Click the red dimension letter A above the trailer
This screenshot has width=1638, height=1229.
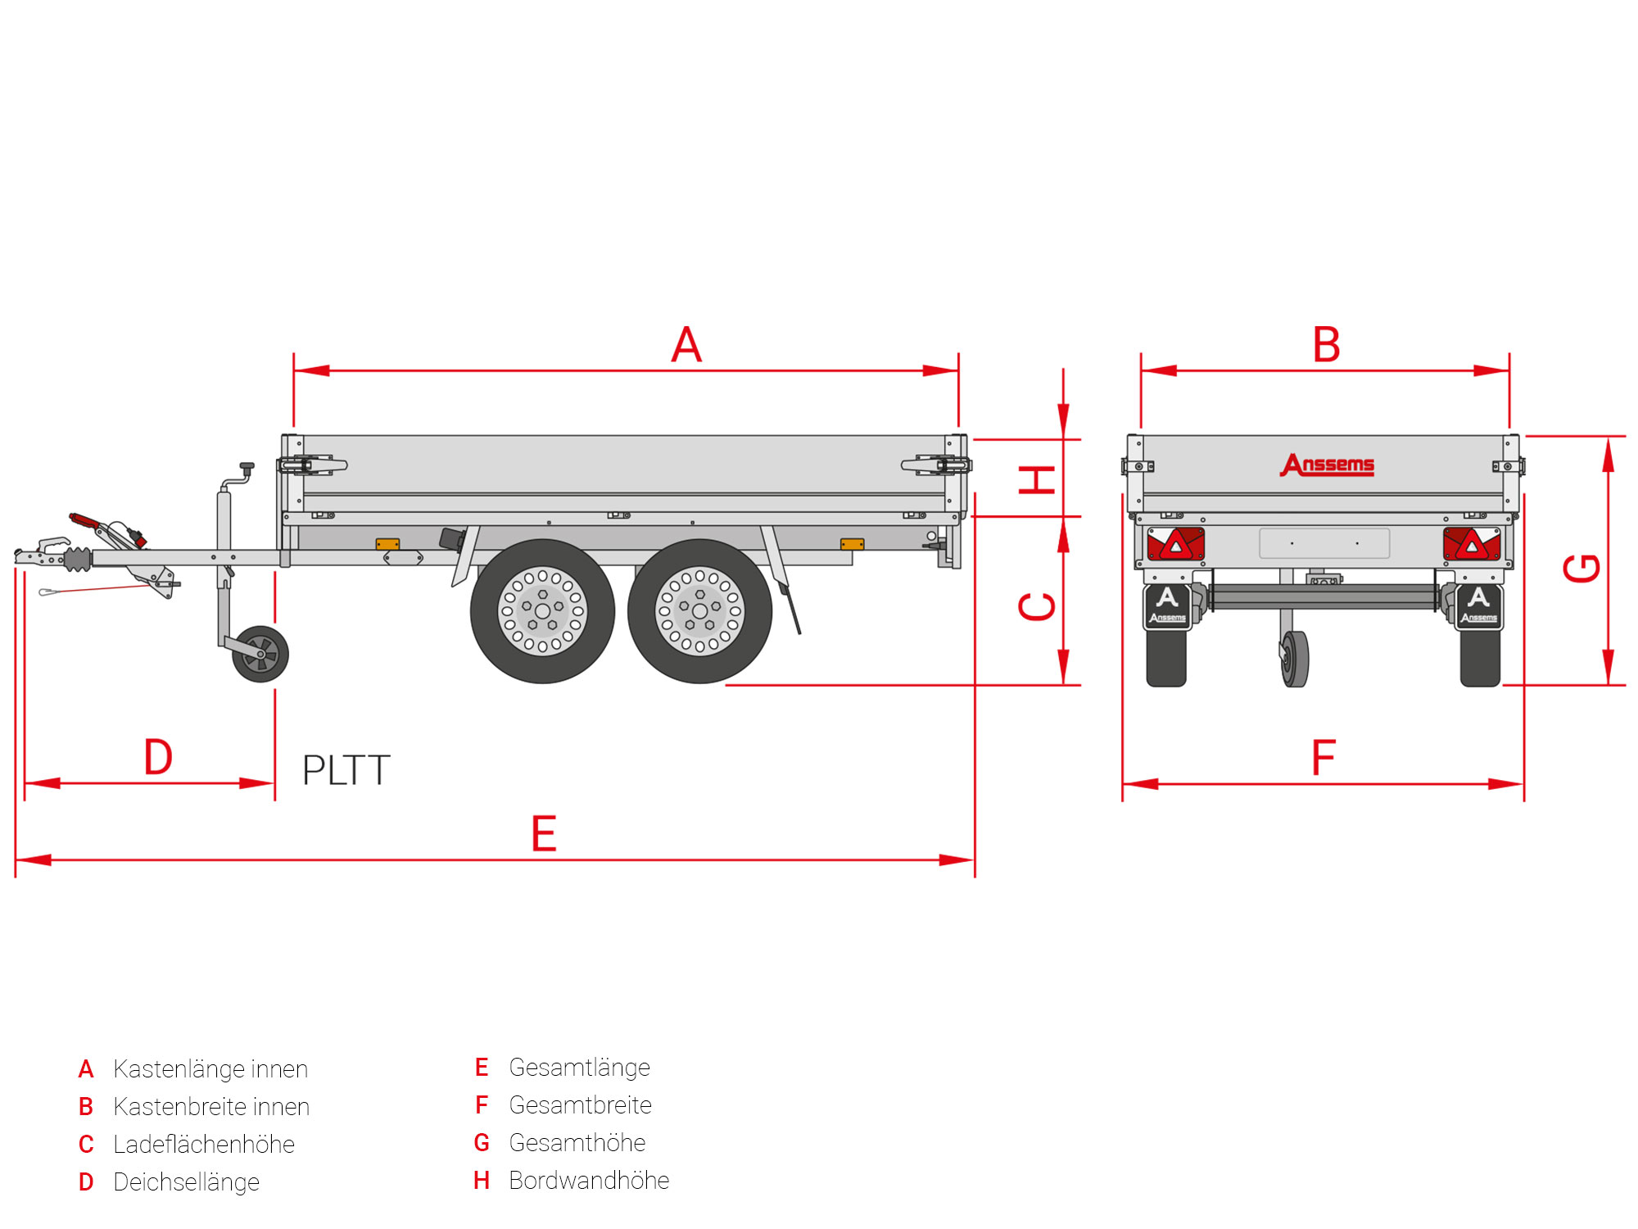point(686,345)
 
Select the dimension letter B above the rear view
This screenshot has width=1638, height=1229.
point(1326,345)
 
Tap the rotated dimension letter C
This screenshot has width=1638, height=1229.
point(1037,606)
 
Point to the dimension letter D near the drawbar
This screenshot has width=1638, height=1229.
point(158,757)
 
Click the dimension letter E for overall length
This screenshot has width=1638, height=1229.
point(544,834)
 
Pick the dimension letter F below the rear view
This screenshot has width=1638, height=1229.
point(1324,757)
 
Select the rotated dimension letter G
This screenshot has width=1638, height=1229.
point(1581,568)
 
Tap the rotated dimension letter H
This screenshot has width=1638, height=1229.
point(1037,479)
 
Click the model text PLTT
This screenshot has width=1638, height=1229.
point(346,771)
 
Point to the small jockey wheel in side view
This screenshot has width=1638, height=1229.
point(260,654)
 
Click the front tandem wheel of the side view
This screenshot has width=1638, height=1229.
point(542,611)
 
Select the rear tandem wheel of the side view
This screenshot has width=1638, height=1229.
point(699,611)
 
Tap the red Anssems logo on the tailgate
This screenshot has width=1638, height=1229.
point(1327,465)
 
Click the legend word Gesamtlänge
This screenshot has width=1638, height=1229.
point(579,1068)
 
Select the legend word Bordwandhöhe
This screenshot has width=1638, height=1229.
point(589,1181)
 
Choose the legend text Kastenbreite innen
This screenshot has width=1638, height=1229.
point(211,1107)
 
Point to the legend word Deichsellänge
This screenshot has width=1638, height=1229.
point(186,1182)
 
